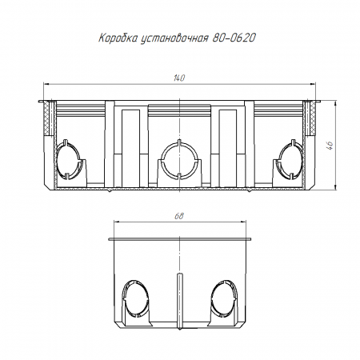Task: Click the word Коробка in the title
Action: [x=118, y=38]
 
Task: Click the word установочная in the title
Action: [x=174, y=38]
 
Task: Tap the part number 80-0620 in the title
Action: [x=234, y=38]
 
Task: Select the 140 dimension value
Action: [x=179, y=78]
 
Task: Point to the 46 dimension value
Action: [x=330, y=146]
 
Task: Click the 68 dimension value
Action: [x=179, y=216]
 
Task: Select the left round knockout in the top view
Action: [x=68, y=159]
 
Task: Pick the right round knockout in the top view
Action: [x=290, y=159]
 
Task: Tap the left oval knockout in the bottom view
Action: [x=136, y=299]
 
